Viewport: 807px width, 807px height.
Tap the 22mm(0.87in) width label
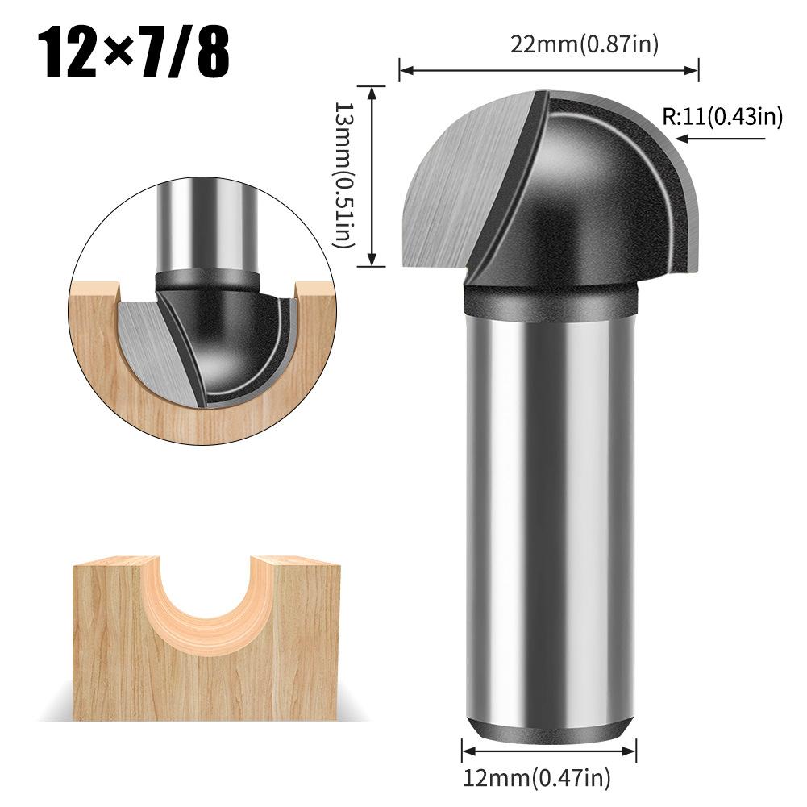(x=584, y=45)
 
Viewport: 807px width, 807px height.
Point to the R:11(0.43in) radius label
(x=722, y=118)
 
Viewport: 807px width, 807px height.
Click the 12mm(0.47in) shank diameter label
(x=536, y=778)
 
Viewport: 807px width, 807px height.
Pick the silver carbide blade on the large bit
(x=451, y=185)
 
